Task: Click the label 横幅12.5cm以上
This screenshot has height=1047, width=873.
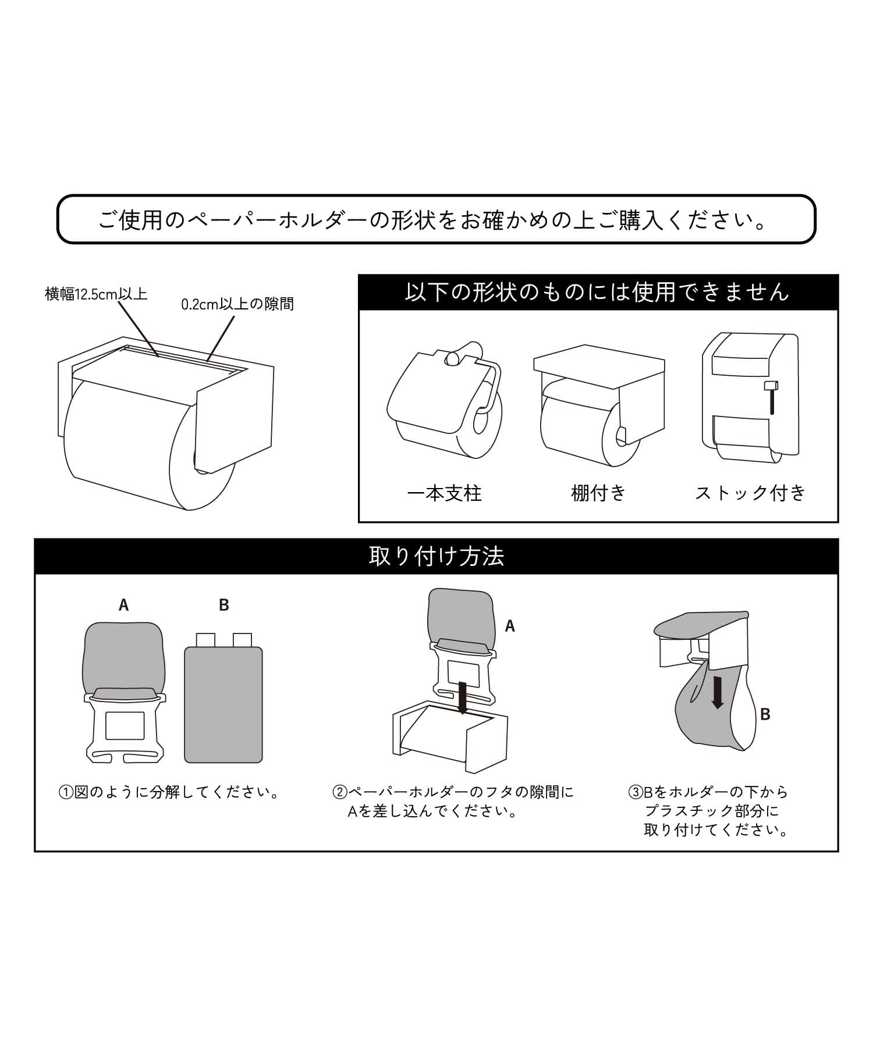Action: [x=96, y=294]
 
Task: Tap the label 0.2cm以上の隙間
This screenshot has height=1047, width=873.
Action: [x=237, y=304]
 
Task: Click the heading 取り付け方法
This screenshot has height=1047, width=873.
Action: [x=436, y=556]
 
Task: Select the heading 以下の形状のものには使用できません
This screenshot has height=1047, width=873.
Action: [x=597, y=291]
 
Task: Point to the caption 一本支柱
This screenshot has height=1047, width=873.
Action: [x=445, y=493]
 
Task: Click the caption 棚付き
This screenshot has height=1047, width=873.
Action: [x=598, y=493]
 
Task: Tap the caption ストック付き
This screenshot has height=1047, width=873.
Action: [x=750, y=493]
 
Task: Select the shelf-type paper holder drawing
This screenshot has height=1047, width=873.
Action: [x=599, y=405]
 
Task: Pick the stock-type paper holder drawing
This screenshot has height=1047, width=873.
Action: [x=750, y=397]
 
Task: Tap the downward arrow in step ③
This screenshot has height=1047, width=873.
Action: [x=718, y=692]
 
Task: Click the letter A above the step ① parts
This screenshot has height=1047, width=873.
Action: [x=123, y=606]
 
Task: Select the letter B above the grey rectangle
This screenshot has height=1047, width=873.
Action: [x=224, y=606]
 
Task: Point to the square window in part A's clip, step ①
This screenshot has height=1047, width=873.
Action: [x=125, y=725]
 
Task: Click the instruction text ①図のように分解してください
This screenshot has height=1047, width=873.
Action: [x=169, y=792]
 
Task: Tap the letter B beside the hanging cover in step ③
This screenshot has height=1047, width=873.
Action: [x=765, y=714]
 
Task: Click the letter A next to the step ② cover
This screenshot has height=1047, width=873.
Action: [x=510, y=626]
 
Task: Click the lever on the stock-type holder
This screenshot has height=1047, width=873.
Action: [x=772, y=398]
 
